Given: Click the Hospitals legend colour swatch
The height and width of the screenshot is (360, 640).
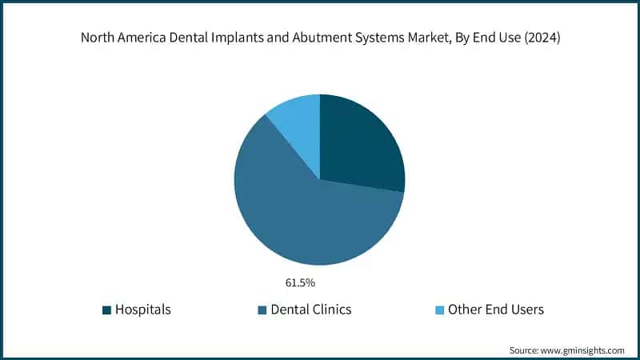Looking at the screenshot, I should click(106, 310).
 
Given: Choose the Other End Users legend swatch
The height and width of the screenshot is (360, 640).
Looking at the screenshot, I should click(437, 310).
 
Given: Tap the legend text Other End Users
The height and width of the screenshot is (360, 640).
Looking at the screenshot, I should click(496, 310).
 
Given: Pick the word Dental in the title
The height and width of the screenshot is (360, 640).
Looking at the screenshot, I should click(183, 38).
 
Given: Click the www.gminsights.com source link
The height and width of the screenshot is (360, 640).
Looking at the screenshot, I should click(581, 350).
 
